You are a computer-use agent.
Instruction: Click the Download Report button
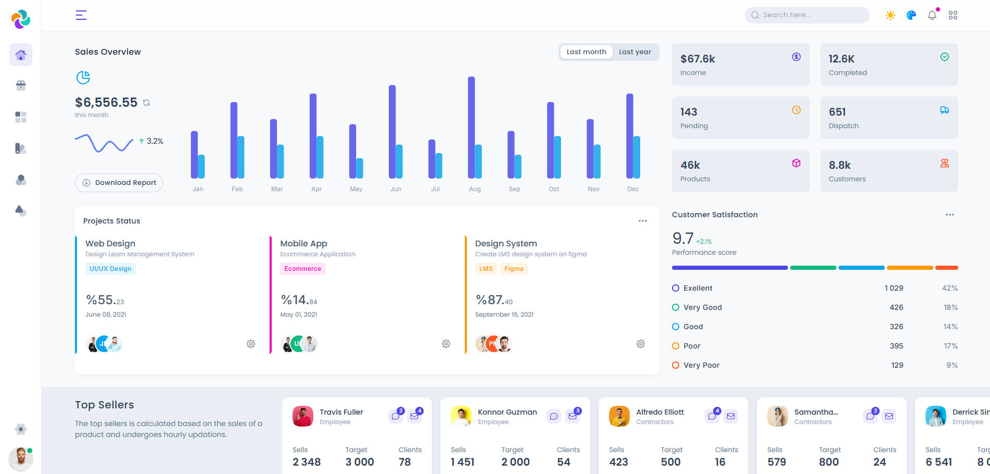click(119, 183)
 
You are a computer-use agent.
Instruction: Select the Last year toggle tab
click(634, 52)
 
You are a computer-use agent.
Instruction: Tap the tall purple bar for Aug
click(471, 128)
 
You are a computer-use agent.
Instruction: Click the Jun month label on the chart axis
click(396, 189)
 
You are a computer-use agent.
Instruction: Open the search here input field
click(807, 15)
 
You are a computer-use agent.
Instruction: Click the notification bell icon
click(932, 15)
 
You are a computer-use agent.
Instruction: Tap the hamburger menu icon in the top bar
click(81, 15)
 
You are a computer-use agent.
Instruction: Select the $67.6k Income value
click(697, 59)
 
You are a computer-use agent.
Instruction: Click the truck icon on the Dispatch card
click(944, 110)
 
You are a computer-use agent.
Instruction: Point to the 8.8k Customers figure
click(840, 165)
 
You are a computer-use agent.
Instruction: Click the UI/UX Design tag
click(110, 269)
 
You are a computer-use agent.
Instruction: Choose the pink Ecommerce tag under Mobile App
click(302, 269)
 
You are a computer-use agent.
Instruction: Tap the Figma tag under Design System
click(513, 269)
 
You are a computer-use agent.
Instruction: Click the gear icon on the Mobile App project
click(446, 344)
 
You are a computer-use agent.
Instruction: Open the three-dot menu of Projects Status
click(643, 221)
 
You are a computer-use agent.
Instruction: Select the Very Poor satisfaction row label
click(701, 365)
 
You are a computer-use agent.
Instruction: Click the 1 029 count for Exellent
click(894, 288)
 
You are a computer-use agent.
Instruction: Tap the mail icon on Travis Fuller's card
click(414, 416)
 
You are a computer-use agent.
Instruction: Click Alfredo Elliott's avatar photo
click(619, 416)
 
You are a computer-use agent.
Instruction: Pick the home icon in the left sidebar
click(21, 55)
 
